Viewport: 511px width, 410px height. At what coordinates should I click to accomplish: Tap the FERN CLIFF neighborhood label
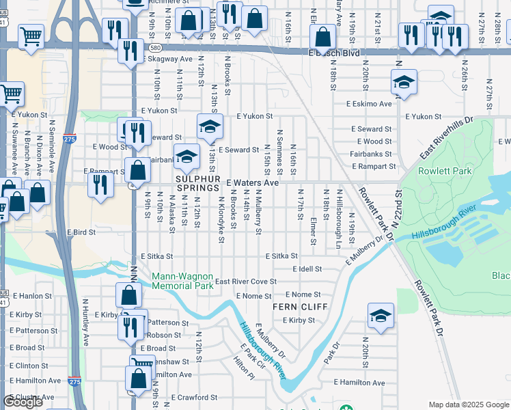click(294, 307)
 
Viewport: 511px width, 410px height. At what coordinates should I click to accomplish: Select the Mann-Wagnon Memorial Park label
click(182, 281)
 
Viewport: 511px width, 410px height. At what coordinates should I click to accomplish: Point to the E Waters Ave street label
click(253, 183)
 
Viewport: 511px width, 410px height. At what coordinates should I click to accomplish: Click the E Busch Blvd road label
click(334, 53)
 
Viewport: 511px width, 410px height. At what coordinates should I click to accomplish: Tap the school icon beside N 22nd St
click(404, 83)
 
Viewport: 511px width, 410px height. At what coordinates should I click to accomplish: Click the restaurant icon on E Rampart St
click(101, 184)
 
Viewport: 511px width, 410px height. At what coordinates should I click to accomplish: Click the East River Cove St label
click(245, 282)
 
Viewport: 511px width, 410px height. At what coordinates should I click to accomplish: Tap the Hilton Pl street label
click(243, 371)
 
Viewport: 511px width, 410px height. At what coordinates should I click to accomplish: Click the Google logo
click(23, 402)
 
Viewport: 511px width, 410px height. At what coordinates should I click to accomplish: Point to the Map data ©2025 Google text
click(468, 405)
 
